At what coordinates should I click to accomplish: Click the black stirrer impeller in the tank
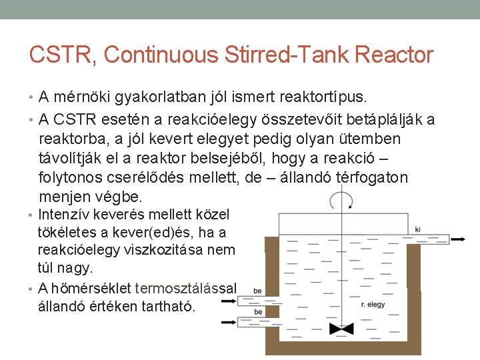pyautogui.click(x=341, y=329)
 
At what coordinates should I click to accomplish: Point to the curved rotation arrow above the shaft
pyautogui.click(x=341, y=199)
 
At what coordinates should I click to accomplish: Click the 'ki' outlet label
pyautogui.click(x=418, y=230)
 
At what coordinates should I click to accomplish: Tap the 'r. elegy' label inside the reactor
pyautogui.click(x=373, y=305)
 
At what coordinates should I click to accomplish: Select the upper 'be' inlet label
pyautogui.click(x=257, y=292)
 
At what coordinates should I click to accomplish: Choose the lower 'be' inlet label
pyautogui.click(x=257, y=311)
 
